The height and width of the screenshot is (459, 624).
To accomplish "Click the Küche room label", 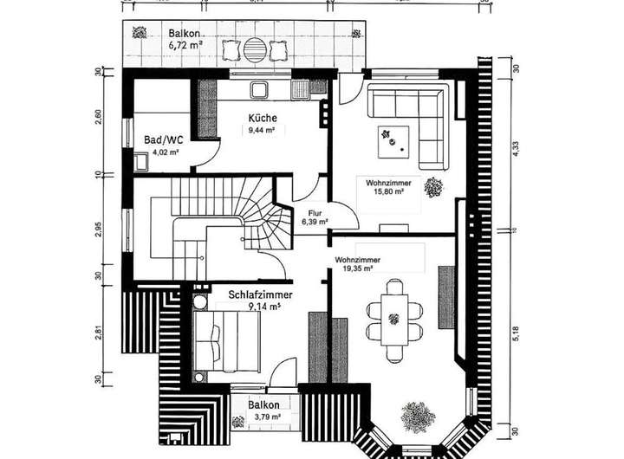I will (262, 119).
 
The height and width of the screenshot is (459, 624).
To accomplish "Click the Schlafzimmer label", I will (260, 294).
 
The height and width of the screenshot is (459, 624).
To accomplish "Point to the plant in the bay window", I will (418, 417).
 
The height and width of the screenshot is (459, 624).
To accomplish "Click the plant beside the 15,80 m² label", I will (433, 186).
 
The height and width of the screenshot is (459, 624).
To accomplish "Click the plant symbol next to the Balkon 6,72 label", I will (139, 35).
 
